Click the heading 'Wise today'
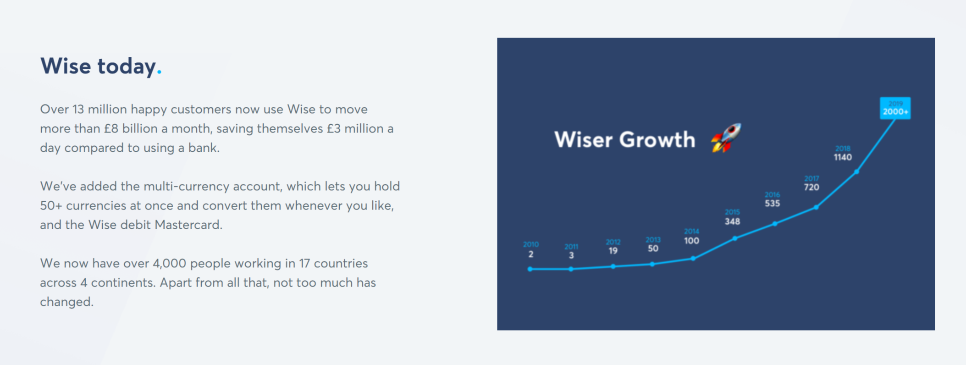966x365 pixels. click(98, 66)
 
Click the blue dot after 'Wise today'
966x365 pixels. click(159, 72)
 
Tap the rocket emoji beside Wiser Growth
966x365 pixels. click(726, 138)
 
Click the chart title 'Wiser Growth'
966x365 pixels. click(624, 139)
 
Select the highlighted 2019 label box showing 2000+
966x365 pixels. click(895, 108)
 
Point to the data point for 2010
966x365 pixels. click(530, 269)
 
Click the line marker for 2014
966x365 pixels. click(693, 259)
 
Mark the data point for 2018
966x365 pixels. click(856, 172)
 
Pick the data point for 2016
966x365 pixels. click(774, 224)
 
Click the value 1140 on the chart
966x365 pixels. click(843, 157)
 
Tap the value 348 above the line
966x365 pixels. click(732, 221)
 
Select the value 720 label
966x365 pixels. click(811, 187)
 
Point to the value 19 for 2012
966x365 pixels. click(613, 251)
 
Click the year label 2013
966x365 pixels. click(653, 240)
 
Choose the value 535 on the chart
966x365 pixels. click(772, 203)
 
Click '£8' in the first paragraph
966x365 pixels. click(111, 128)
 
